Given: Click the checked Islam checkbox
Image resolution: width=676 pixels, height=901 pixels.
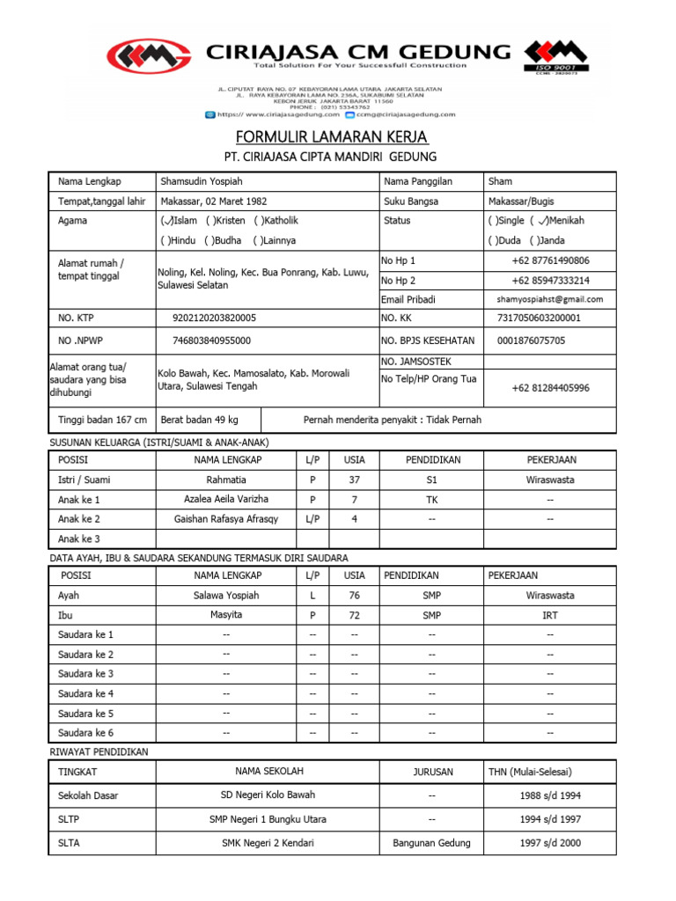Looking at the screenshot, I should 166,221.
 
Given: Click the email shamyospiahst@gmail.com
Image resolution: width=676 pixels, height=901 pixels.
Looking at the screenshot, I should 550,299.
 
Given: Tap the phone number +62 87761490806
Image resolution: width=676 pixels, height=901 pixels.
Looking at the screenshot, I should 550,260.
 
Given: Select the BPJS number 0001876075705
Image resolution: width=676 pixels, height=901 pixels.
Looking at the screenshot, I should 531,341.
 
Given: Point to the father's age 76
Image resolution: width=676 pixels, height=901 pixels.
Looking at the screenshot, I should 354,595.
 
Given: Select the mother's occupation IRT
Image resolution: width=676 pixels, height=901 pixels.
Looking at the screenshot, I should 550,615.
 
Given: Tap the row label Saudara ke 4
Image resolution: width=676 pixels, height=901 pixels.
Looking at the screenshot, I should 85,693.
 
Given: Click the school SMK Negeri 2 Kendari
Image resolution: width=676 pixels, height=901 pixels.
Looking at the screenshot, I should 268,843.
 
